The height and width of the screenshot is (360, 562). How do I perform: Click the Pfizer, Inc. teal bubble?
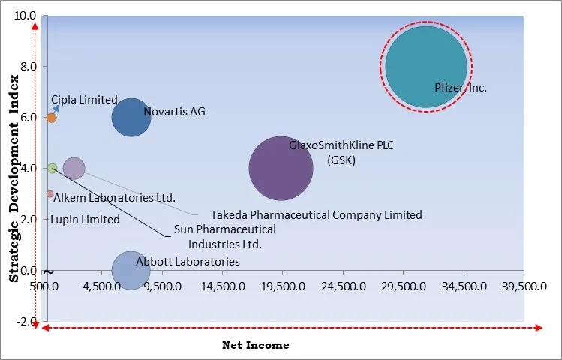425,67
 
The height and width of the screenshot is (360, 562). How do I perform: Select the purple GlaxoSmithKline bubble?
281,169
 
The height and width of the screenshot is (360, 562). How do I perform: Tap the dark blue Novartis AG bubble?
131,118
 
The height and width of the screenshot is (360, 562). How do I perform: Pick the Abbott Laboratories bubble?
131,270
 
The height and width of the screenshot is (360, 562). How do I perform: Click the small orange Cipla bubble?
51,118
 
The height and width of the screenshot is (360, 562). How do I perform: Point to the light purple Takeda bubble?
74,169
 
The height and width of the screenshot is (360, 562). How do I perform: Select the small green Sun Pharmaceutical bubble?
52,169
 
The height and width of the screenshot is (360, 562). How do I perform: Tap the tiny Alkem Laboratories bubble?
50,194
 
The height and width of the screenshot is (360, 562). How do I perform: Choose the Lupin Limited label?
86,220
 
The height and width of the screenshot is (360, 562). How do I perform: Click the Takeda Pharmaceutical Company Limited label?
316,215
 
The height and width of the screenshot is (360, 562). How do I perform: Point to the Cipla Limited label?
84,100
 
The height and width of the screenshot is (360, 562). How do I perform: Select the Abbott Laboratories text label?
188,262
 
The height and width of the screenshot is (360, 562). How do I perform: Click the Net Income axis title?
255,345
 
